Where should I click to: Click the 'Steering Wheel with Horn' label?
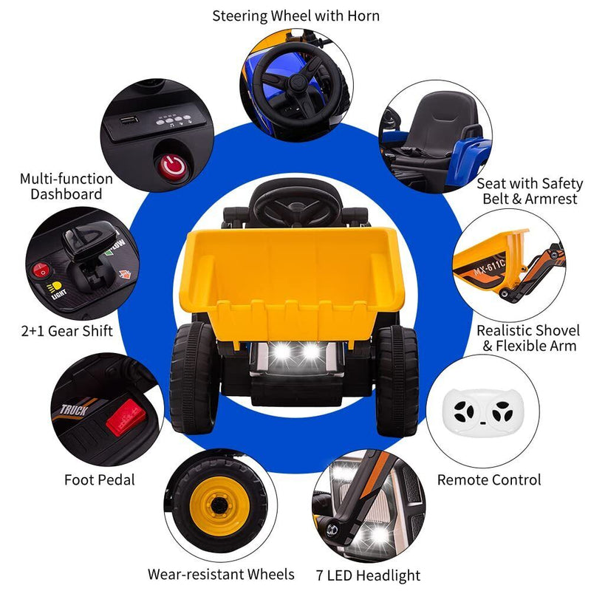pos(295,15)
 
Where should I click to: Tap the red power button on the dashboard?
pos(174,168)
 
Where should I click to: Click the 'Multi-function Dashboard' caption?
pos(66,187)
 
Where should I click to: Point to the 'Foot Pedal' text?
pos(100,480)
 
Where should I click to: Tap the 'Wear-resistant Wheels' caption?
pos(221,574)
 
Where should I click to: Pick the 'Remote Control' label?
pos(489,480)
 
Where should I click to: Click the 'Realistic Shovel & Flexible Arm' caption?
pos(528,338)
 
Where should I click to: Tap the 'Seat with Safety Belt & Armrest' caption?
pos(530,191)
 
